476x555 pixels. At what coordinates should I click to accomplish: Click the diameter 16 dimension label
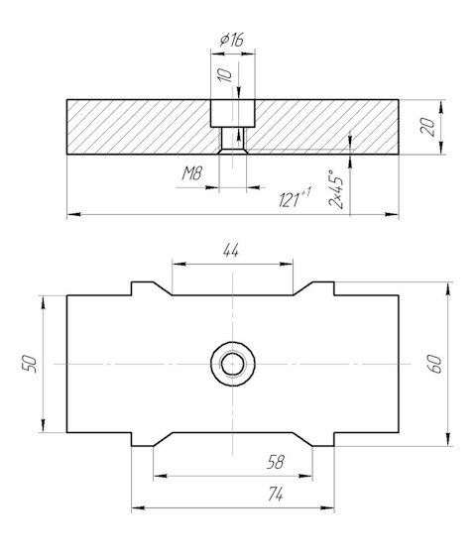(232, 40)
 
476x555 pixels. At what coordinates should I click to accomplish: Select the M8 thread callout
(192, 173)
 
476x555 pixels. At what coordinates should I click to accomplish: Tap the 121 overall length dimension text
(295, 198)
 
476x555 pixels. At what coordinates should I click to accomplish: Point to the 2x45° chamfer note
(336, 189)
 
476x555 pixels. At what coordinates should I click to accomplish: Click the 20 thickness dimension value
(427, 127)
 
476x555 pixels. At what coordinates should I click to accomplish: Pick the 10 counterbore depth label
(224, 75)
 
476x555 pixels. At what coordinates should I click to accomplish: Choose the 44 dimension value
(231, 251)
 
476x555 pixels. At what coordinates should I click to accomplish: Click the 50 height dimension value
(30, 364)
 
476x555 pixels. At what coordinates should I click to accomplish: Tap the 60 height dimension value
(435, 364)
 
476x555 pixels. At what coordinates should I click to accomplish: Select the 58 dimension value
(276, 462)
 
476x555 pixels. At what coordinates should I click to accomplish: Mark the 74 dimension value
(276, 494)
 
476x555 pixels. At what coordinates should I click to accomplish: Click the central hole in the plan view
(233, 364)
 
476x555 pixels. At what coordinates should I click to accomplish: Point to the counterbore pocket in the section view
(233, 113)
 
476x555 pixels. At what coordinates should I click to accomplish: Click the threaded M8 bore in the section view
(233, 139)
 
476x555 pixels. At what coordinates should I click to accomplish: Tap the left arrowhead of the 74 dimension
(138, 507)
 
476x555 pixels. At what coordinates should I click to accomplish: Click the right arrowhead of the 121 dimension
(392, 214)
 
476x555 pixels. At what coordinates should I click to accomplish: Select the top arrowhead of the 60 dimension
(448, 288)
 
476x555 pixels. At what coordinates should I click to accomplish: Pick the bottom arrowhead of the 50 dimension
(44, 426)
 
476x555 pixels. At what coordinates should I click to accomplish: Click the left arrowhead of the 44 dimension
(178, 264)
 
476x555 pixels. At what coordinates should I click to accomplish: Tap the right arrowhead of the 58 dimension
(305, 476)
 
